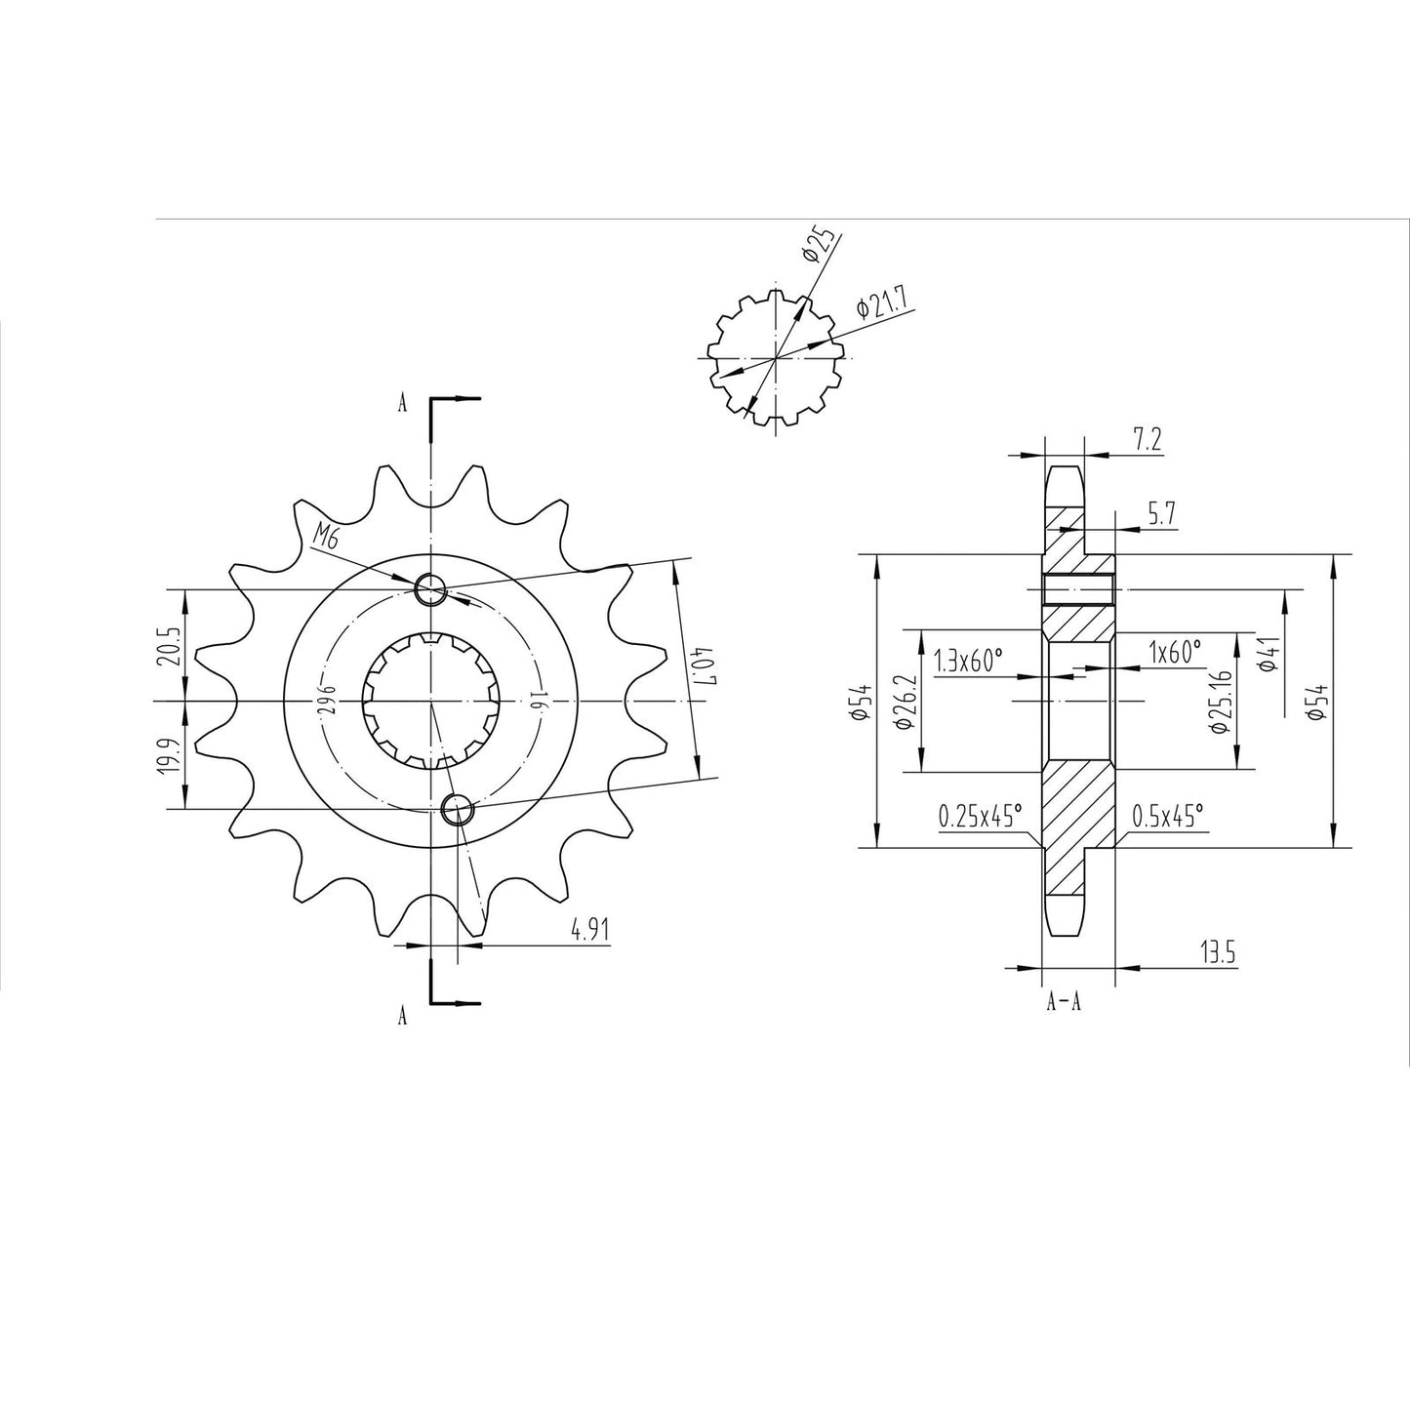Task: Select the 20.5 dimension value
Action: pyautogui.click(x=171, y=645)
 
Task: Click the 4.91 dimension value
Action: pyautogui.click(x=590, y=930)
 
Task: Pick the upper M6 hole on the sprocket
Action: pyautogui.click(x=430, y=589)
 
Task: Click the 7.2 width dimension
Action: pyautogui.click(x=1147, y=440)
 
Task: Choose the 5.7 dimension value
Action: pyautogui.click(x=1160, y=515)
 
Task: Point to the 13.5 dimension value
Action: pyautogui.click(x=1218, y=953)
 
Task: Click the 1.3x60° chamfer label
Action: pyautogui.click(x=968, y=662)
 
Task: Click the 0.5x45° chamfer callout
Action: pyautogui.click(x=1167, y=816)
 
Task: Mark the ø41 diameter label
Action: pyautogui.click(x=1269, y=653)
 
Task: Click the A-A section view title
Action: pyautogui.click(x=1063, y=1001)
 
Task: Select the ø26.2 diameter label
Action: pyautogui.click(x=902, y=701)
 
